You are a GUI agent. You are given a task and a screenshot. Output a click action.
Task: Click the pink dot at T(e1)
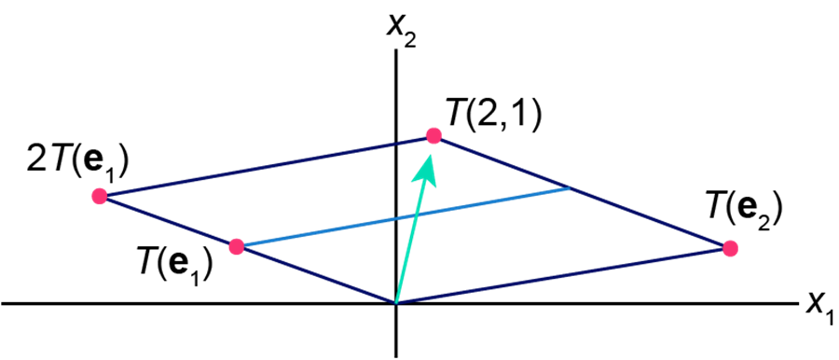237,246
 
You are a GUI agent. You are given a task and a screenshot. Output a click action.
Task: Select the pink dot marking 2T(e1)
100,196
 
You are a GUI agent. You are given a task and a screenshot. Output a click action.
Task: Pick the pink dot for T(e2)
730,249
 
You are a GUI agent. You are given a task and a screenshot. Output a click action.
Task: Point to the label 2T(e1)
77,164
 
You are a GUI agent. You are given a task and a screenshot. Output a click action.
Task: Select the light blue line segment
403,217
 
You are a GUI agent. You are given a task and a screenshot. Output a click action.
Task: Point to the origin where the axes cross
395,304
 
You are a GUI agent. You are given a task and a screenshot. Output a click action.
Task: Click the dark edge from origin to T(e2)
562,276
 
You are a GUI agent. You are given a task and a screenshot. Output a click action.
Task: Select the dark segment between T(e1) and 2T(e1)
168,221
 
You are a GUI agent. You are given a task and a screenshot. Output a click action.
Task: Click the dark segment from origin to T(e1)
316,275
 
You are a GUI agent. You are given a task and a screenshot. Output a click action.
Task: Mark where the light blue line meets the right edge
570,188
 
